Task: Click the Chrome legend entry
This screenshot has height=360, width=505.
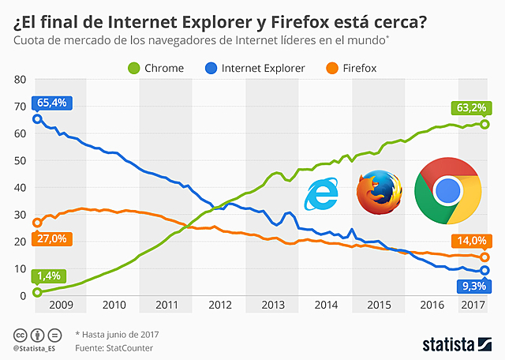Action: point(156,68)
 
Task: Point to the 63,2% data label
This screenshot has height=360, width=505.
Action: point(471,107)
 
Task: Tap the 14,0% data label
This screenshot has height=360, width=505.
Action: point(471,241)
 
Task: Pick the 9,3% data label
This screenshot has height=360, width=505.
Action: point(473,285)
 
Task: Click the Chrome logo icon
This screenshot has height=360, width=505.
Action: point(447,191)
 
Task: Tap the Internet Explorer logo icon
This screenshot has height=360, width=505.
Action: point(323,194)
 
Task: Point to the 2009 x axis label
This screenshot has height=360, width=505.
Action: point(62,304)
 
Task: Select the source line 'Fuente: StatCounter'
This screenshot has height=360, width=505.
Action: point(114,347)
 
